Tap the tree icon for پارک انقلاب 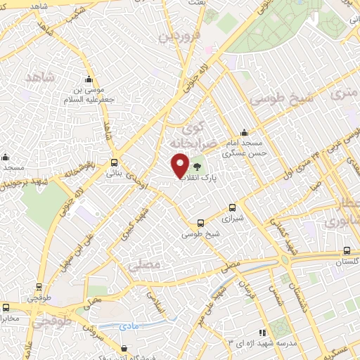point(198,167)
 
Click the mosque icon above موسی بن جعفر point(89,79)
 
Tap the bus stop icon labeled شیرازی point(233,207)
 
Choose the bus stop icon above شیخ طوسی point(201,221)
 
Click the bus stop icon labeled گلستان point(347,250)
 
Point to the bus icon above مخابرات point(6,307)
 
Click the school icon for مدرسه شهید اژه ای point(262,333)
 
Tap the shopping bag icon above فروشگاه point(124,347)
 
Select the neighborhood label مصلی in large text point(146,266)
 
